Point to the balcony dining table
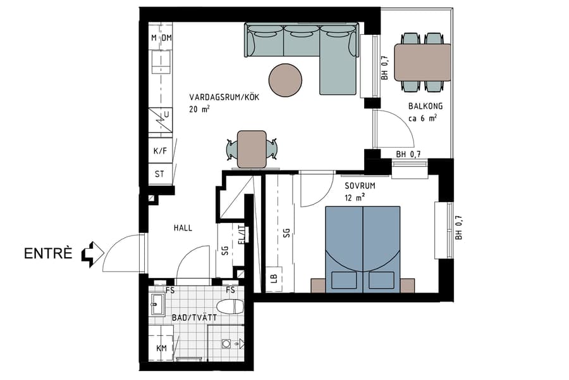(x=422, y=62)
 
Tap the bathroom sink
(x=156, y=307)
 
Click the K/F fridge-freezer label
(x=161, y=151)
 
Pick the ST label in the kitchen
(x=161, y=174)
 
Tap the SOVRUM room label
(x=360, y=187)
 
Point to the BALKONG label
(x=422, y=106)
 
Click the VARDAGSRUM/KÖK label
(x=224, y=98)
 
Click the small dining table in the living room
(x=251, y=148)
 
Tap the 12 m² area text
(x=355, y=198)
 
